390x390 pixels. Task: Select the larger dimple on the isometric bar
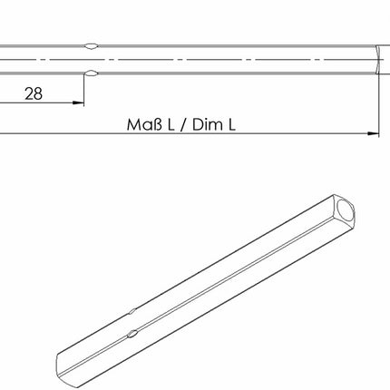point(133,334)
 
